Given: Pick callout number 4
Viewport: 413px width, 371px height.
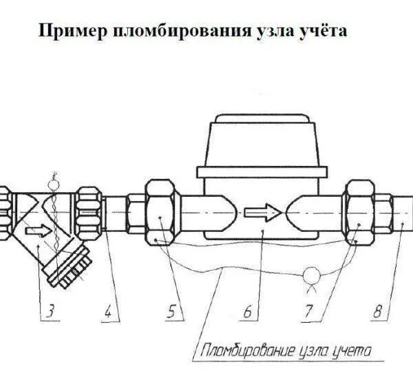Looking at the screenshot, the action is click(107, 311).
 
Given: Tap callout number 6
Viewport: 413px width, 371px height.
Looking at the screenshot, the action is click(246, 311).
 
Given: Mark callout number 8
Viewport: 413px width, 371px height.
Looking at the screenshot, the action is click(378, 311).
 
